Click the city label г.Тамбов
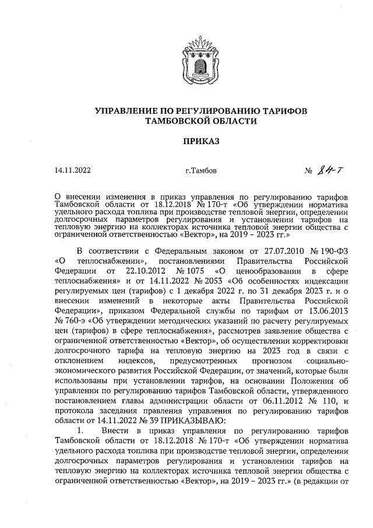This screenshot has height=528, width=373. point(200,171)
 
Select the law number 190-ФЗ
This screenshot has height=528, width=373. point(334,250)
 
